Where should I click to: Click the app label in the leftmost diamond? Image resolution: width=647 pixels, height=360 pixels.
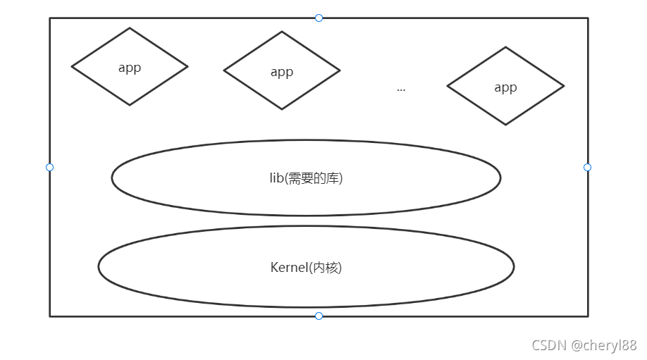(130, 68)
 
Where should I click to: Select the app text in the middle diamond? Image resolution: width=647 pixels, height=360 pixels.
(282, 72)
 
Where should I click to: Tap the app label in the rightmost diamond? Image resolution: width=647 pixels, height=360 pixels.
(505, 87)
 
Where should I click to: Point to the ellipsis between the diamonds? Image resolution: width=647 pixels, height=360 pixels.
(401, 89)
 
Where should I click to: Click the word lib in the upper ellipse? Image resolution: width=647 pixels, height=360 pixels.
(276, 178)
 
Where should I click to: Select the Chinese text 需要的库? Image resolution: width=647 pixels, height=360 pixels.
(314, 178)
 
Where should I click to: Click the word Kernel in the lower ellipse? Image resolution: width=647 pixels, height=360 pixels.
(288, 268)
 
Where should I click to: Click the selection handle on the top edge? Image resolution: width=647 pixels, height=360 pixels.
(319, 18)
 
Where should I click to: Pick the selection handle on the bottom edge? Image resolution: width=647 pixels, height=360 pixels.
(319, 316)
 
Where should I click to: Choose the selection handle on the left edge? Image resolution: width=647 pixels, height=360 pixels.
(49, 167)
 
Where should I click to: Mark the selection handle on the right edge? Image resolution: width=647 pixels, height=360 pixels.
(587, 167)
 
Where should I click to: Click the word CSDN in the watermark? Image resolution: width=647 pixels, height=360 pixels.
(549, 345)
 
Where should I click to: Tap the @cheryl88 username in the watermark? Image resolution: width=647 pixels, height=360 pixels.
(604, 345)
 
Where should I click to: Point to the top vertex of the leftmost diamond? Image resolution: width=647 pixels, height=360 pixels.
(130, 28)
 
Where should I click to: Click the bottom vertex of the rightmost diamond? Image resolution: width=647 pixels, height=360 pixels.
(505, 125)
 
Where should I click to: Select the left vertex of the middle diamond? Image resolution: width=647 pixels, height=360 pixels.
(224, 70)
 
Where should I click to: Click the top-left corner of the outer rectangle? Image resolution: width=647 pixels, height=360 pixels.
(50, 18)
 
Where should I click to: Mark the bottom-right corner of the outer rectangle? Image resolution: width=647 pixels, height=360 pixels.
(587, 316)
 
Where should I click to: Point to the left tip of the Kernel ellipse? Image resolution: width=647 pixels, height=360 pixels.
(99, 266)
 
